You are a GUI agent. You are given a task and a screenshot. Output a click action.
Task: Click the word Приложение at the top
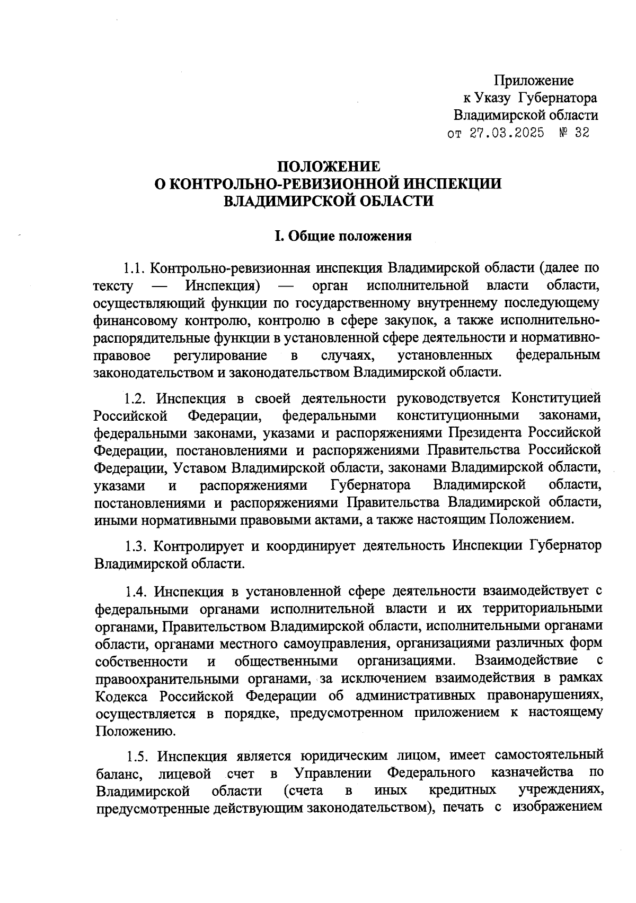pos(534,81)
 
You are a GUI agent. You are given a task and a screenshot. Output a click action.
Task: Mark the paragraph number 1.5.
pos(138,756)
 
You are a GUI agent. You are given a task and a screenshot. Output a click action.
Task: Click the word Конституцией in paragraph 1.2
pos(556,398)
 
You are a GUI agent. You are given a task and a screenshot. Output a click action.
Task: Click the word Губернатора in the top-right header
pos(558,98)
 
